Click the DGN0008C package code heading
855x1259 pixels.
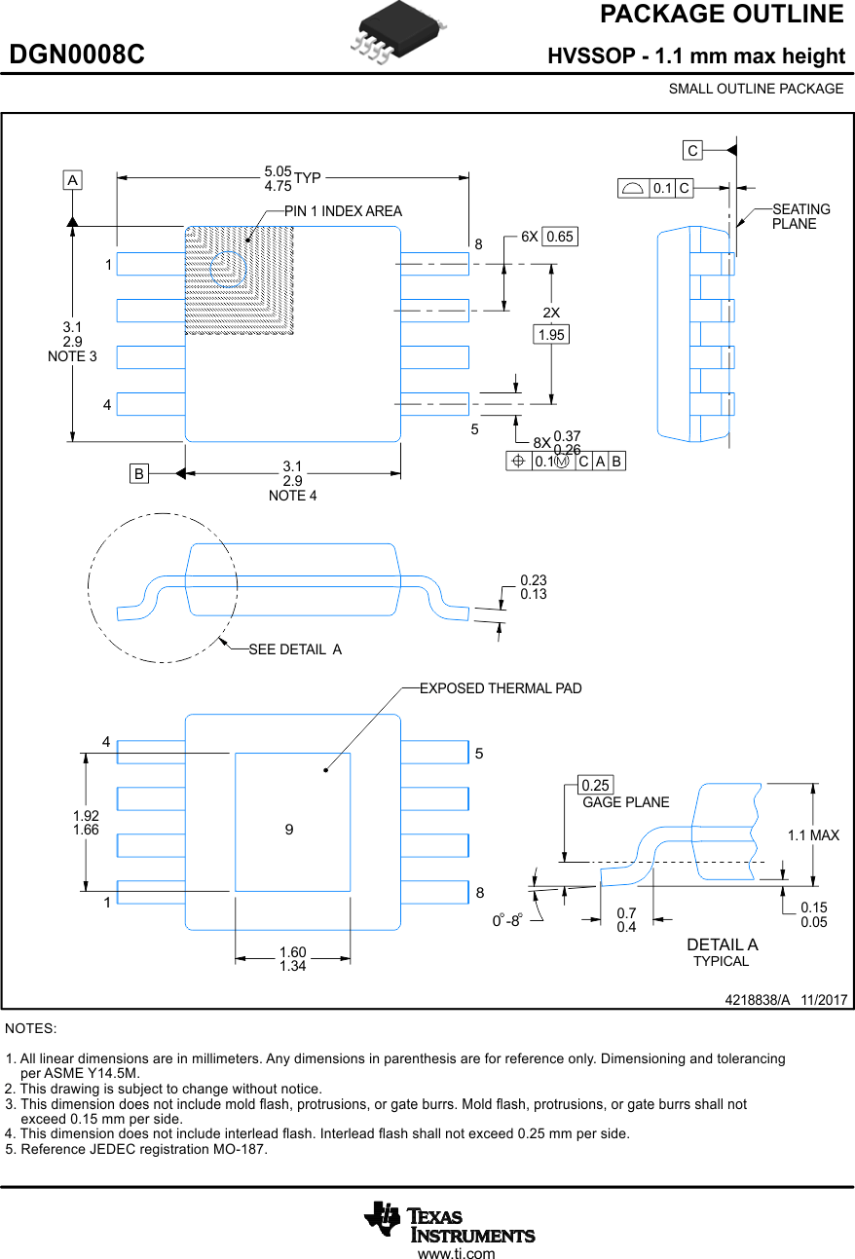[77, 56]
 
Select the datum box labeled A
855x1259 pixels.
[72, 180]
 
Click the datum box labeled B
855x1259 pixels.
[139, 474]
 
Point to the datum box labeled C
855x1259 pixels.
[692, 150]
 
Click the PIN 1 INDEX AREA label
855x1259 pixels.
[343, 211]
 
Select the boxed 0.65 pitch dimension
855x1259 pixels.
[560, 237]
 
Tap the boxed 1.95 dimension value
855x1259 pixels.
[551, 335]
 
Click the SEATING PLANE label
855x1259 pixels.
[800, 216]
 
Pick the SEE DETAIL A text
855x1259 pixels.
[295, 649]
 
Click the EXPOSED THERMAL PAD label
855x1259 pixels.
[501, 688]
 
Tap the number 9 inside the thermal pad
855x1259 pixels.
[289, 830]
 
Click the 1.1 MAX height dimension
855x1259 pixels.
[813, 835]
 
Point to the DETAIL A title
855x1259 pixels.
[722, 944]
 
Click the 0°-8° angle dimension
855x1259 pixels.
[507, 920]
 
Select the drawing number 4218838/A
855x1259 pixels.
[758, 1000]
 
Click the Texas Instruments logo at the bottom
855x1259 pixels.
[450, 1222]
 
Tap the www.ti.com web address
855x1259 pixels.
[456, 1253]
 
